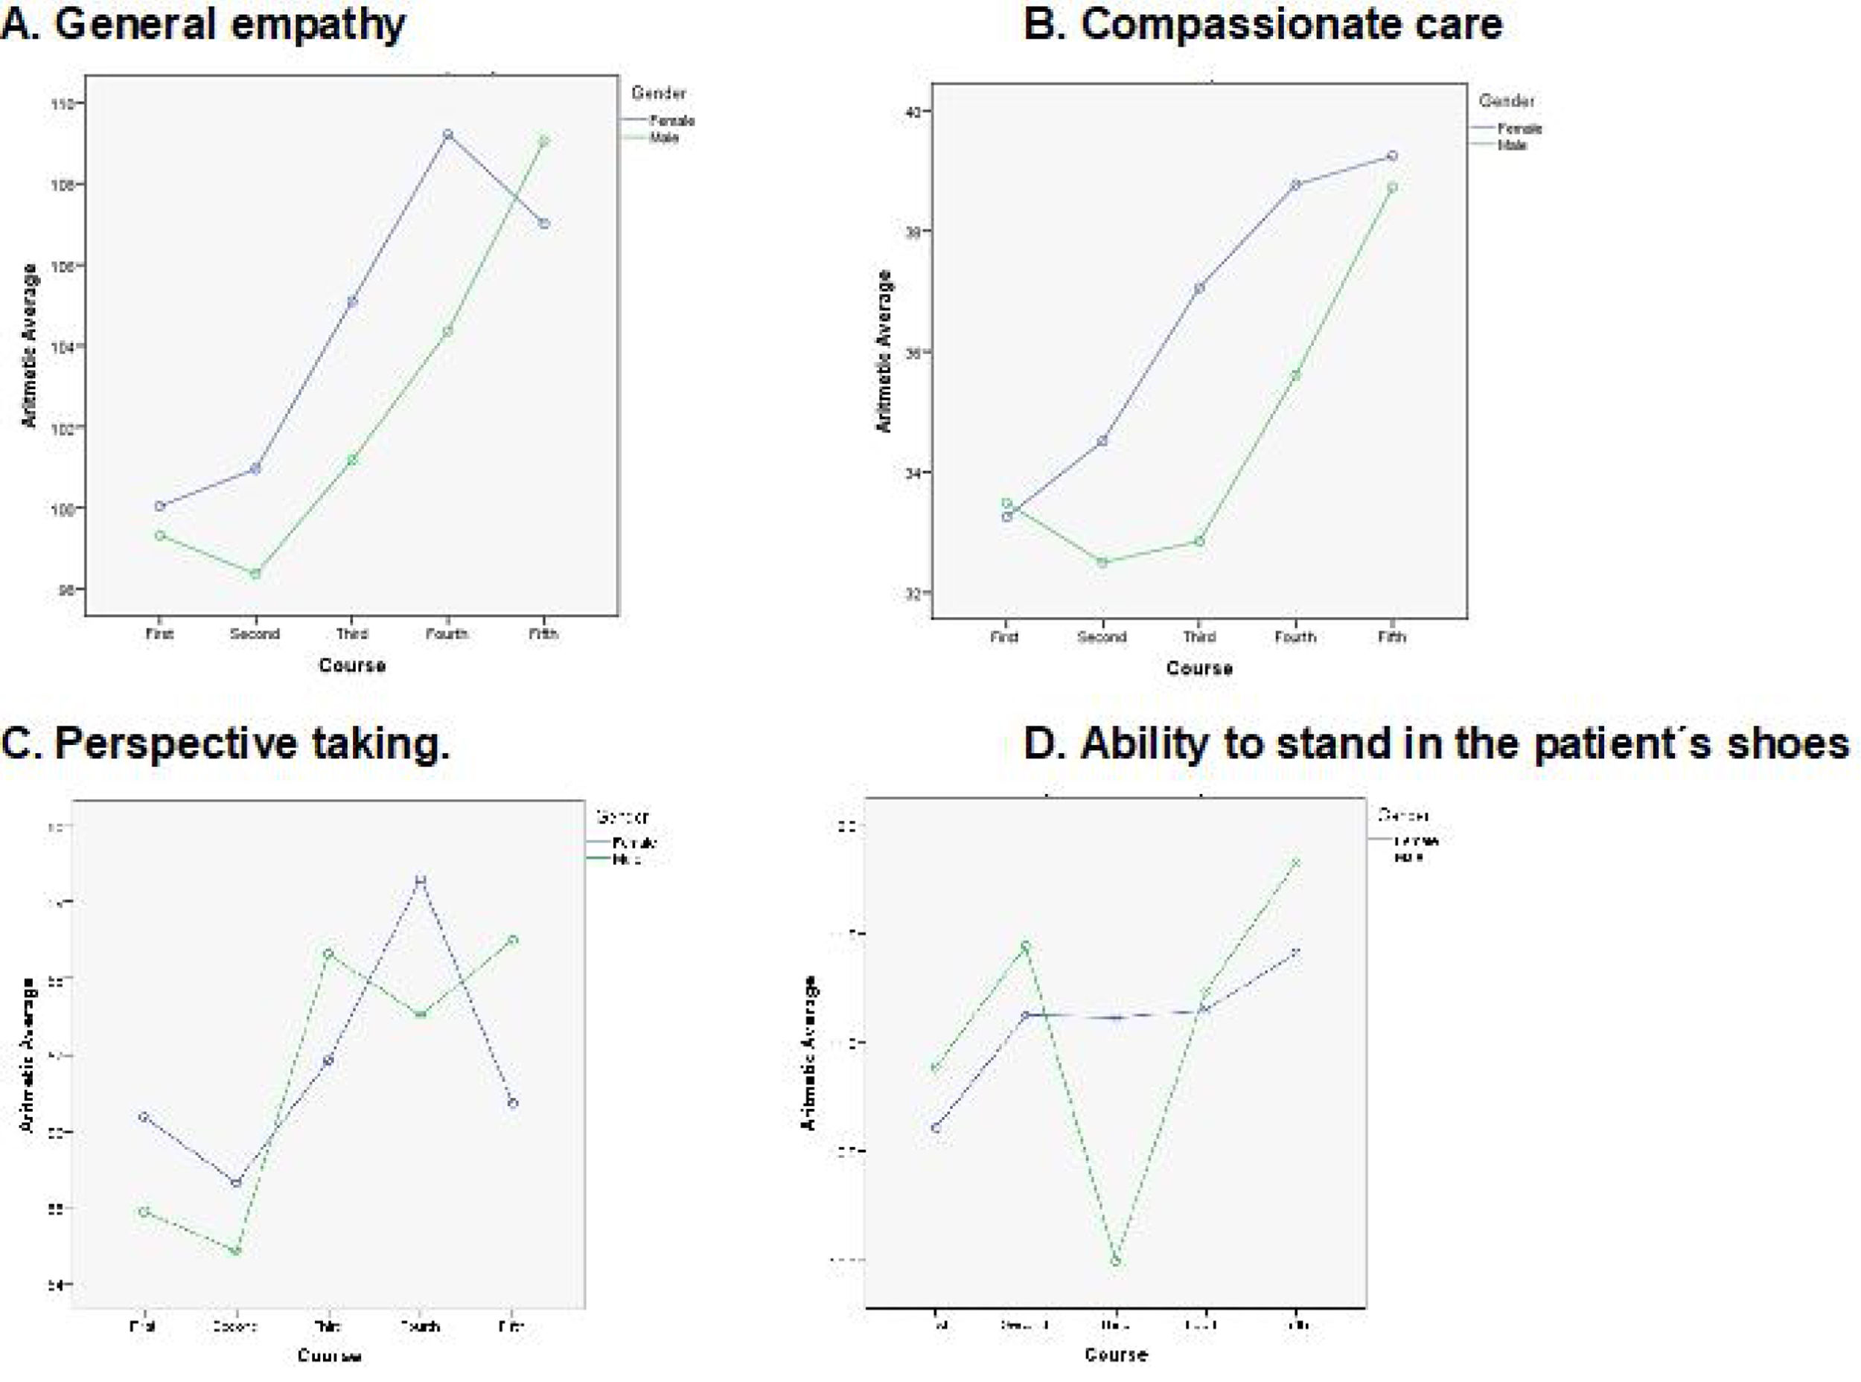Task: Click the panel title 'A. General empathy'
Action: [x=203, y=25]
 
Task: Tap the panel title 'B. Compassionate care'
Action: [x=1263, y=25]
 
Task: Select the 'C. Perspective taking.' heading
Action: [x=226, y=743]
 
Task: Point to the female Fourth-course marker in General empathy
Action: [x=447, y=135]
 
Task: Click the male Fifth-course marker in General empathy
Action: [x=544, y=141]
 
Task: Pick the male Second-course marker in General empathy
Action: [x=256, y=574]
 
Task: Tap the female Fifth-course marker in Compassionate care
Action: [x=1393, y=156]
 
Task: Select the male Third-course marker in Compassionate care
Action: [x=1199, y=541]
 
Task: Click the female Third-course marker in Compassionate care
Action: [x=1199, y=288]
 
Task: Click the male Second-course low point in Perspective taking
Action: [x=236, y=1252]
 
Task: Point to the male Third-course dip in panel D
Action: [x=1115, y=1261]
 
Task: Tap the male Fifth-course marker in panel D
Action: [x=1296, y=863]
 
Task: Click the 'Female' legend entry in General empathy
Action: [x=672, y=121]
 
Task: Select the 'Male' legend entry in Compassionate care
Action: [x=1511, y=144]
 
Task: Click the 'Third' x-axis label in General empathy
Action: [x=351, y=634]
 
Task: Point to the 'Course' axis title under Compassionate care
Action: [x=1199, y=668]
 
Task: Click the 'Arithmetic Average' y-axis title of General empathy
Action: [x=30, y=345]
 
